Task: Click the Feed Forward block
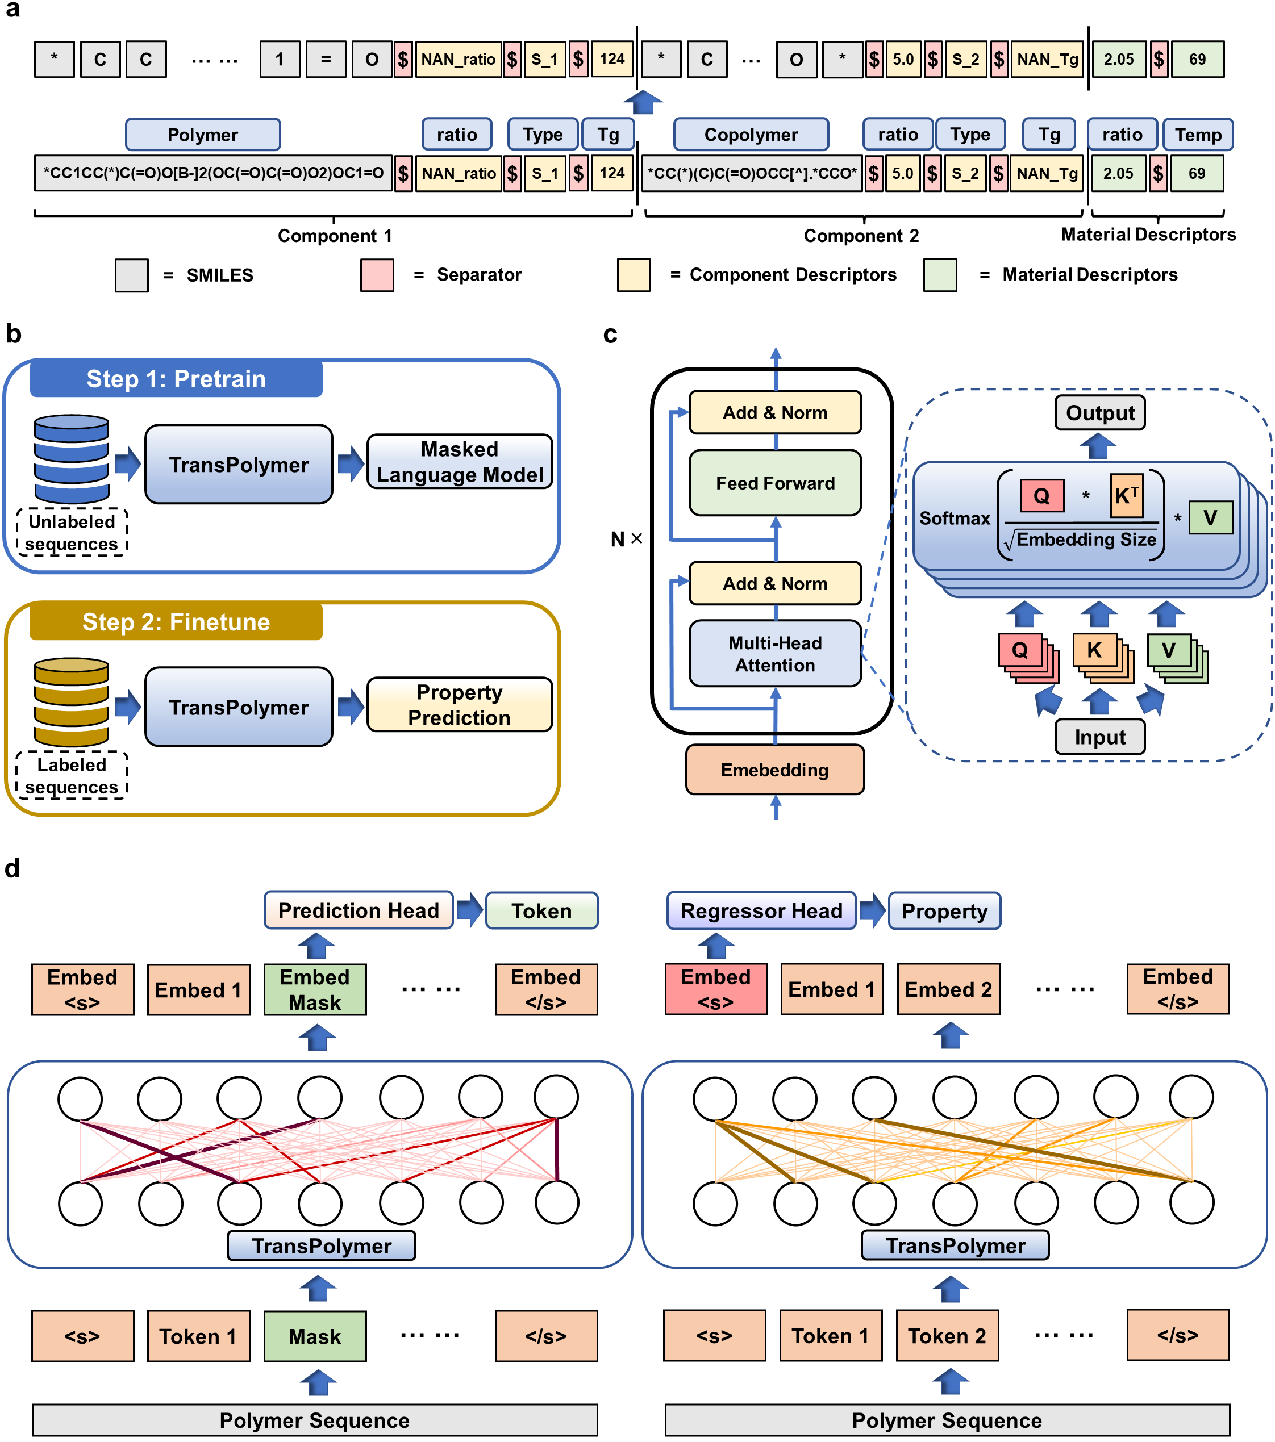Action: click(x=775, y=483)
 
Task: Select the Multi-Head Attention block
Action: click(x=775, y=653)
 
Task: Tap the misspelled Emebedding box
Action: click(x=775, y=770)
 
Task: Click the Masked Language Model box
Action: click(x=459, y=462)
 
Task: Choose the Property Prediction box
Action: click(x=459, y=705)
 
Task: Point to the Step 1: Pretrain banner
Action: click(x=176, y=379)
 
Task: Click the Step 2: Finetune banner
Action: click(x=176, y=621)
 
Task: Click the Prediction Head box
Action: click(x=359, y=910)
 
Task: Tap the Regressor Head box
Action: click(x=761, y=911)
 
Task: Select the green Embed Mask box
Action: click(x=315, y=989)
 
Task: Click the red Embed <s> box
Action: click(x=715, y=989)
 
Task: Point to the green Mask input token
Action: click(x=315, y=1336)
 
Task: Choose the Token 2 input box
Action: click(x=947, y=1335)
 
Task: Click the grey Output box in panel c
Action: click(x=1099, y=413)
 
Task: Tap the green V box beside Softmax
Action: click(x=1210, y=518)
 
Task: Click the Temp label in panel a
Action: click(x=1197, y=135)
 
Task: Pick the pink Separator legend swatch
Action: click(x=377, y=275)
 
